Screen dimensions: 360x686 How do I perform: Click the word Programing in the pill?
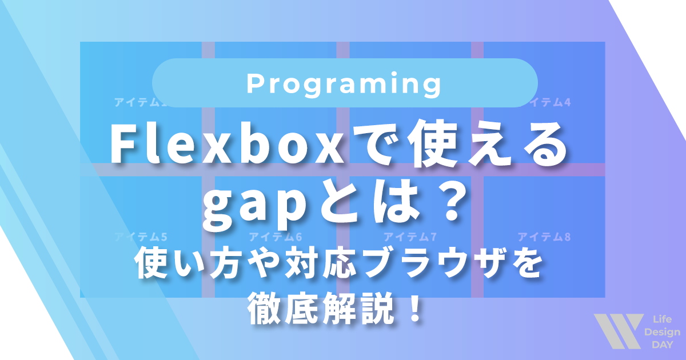345,85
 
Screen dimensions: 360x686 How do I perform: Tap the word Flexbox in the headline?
223,146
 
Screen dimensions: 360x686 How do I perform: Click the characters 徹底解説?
322,310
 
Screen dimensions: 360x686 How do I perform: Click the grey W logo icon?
617,331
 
